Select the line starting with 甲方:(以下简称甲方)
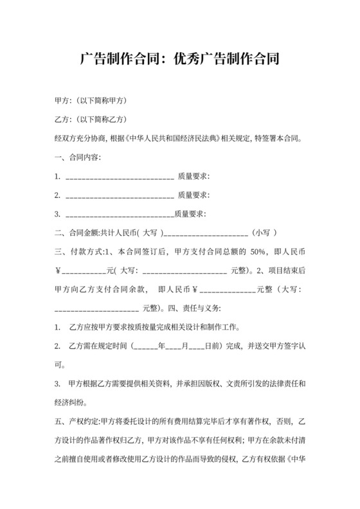(x=90, y=102)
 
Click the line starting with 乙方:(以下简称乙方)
(x=90, y=120)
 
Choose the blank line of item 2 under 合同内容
(x=120, y=195)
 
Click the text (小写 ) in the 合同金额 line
(x=265, y=233)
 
